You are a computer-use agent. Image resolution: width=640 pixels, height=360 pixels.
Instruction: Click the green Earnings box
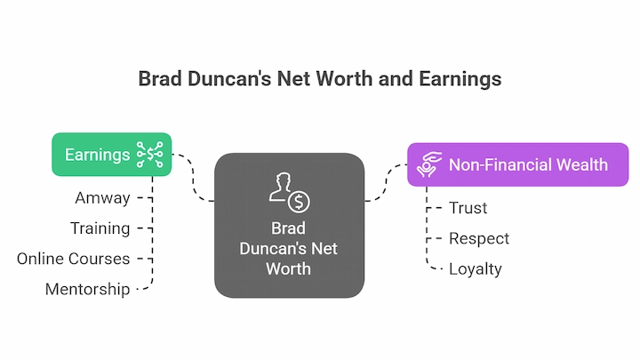click(x=111, y=155)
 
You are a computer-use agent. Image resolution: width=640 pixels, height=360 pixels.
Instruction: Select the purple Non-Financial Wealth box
click(x=518, y=164)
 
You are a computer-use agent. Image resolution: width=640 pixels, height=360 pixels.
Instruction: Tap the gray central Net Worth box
click(x=290, y=225)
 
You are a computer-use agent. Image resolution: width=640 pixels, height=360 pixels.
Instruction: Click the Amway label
click(x=102, y=198)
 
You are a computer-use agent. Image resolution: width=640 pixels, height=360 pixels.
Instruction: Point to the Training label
click(x=100, y=228)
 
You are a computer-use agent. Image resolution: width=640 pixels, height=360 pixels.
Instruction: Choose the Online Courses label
click(x=74, y=259)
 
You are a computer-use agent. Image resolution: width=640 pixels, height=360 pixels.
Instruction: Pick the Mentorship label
click(x=88, y=290)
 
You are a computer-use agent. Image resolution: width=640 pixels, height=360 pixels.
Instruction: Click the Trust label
click(x=468, y=208)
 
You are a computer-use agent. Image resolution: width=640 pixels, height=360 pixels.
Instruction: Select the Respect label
click(x=479, y=239)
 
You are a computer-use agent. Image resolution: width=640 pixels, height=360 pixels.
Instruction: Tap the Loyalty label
click(x=475, y=269)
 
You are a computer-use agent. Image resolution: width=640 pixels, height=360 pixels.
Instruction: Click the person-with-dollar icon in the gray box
click(x=290, y=192)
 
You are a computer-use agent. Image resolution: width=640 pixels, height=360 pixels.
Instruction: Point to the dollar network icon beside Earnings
click(x=150, y=155)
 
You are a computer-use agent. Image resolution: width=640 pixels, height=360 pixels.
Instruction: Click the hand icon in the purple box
click(x=429, y=164)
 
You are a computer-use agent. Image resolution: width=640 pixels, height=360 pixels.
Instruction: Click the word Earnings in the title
click(x=460, y=79)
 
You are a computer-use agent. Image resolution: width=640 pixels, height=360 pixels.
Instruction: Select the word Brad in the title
click(x=160, y=79)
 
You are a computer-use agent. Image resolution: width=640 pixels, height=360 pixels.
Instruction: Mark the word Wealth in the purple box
click(x=582, y=165)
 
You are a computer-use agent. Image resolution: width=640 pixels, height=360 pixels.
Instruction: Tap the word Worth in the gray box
click(x=289, y=269)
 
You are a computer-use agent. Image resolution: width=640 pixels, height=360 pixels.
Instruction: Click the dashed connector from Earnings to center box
click(x=193, y=179)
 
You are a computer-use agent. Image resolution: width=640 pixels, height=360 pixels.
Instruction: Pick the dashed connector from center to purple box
click(x=386, y=182)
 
